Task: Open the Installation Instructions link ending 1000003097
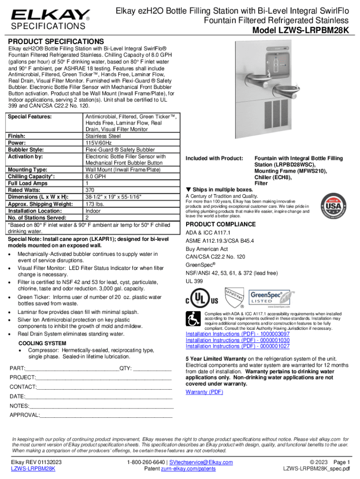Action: coord(238,334)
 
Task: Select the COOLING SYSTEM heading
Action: coord(42,343)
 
